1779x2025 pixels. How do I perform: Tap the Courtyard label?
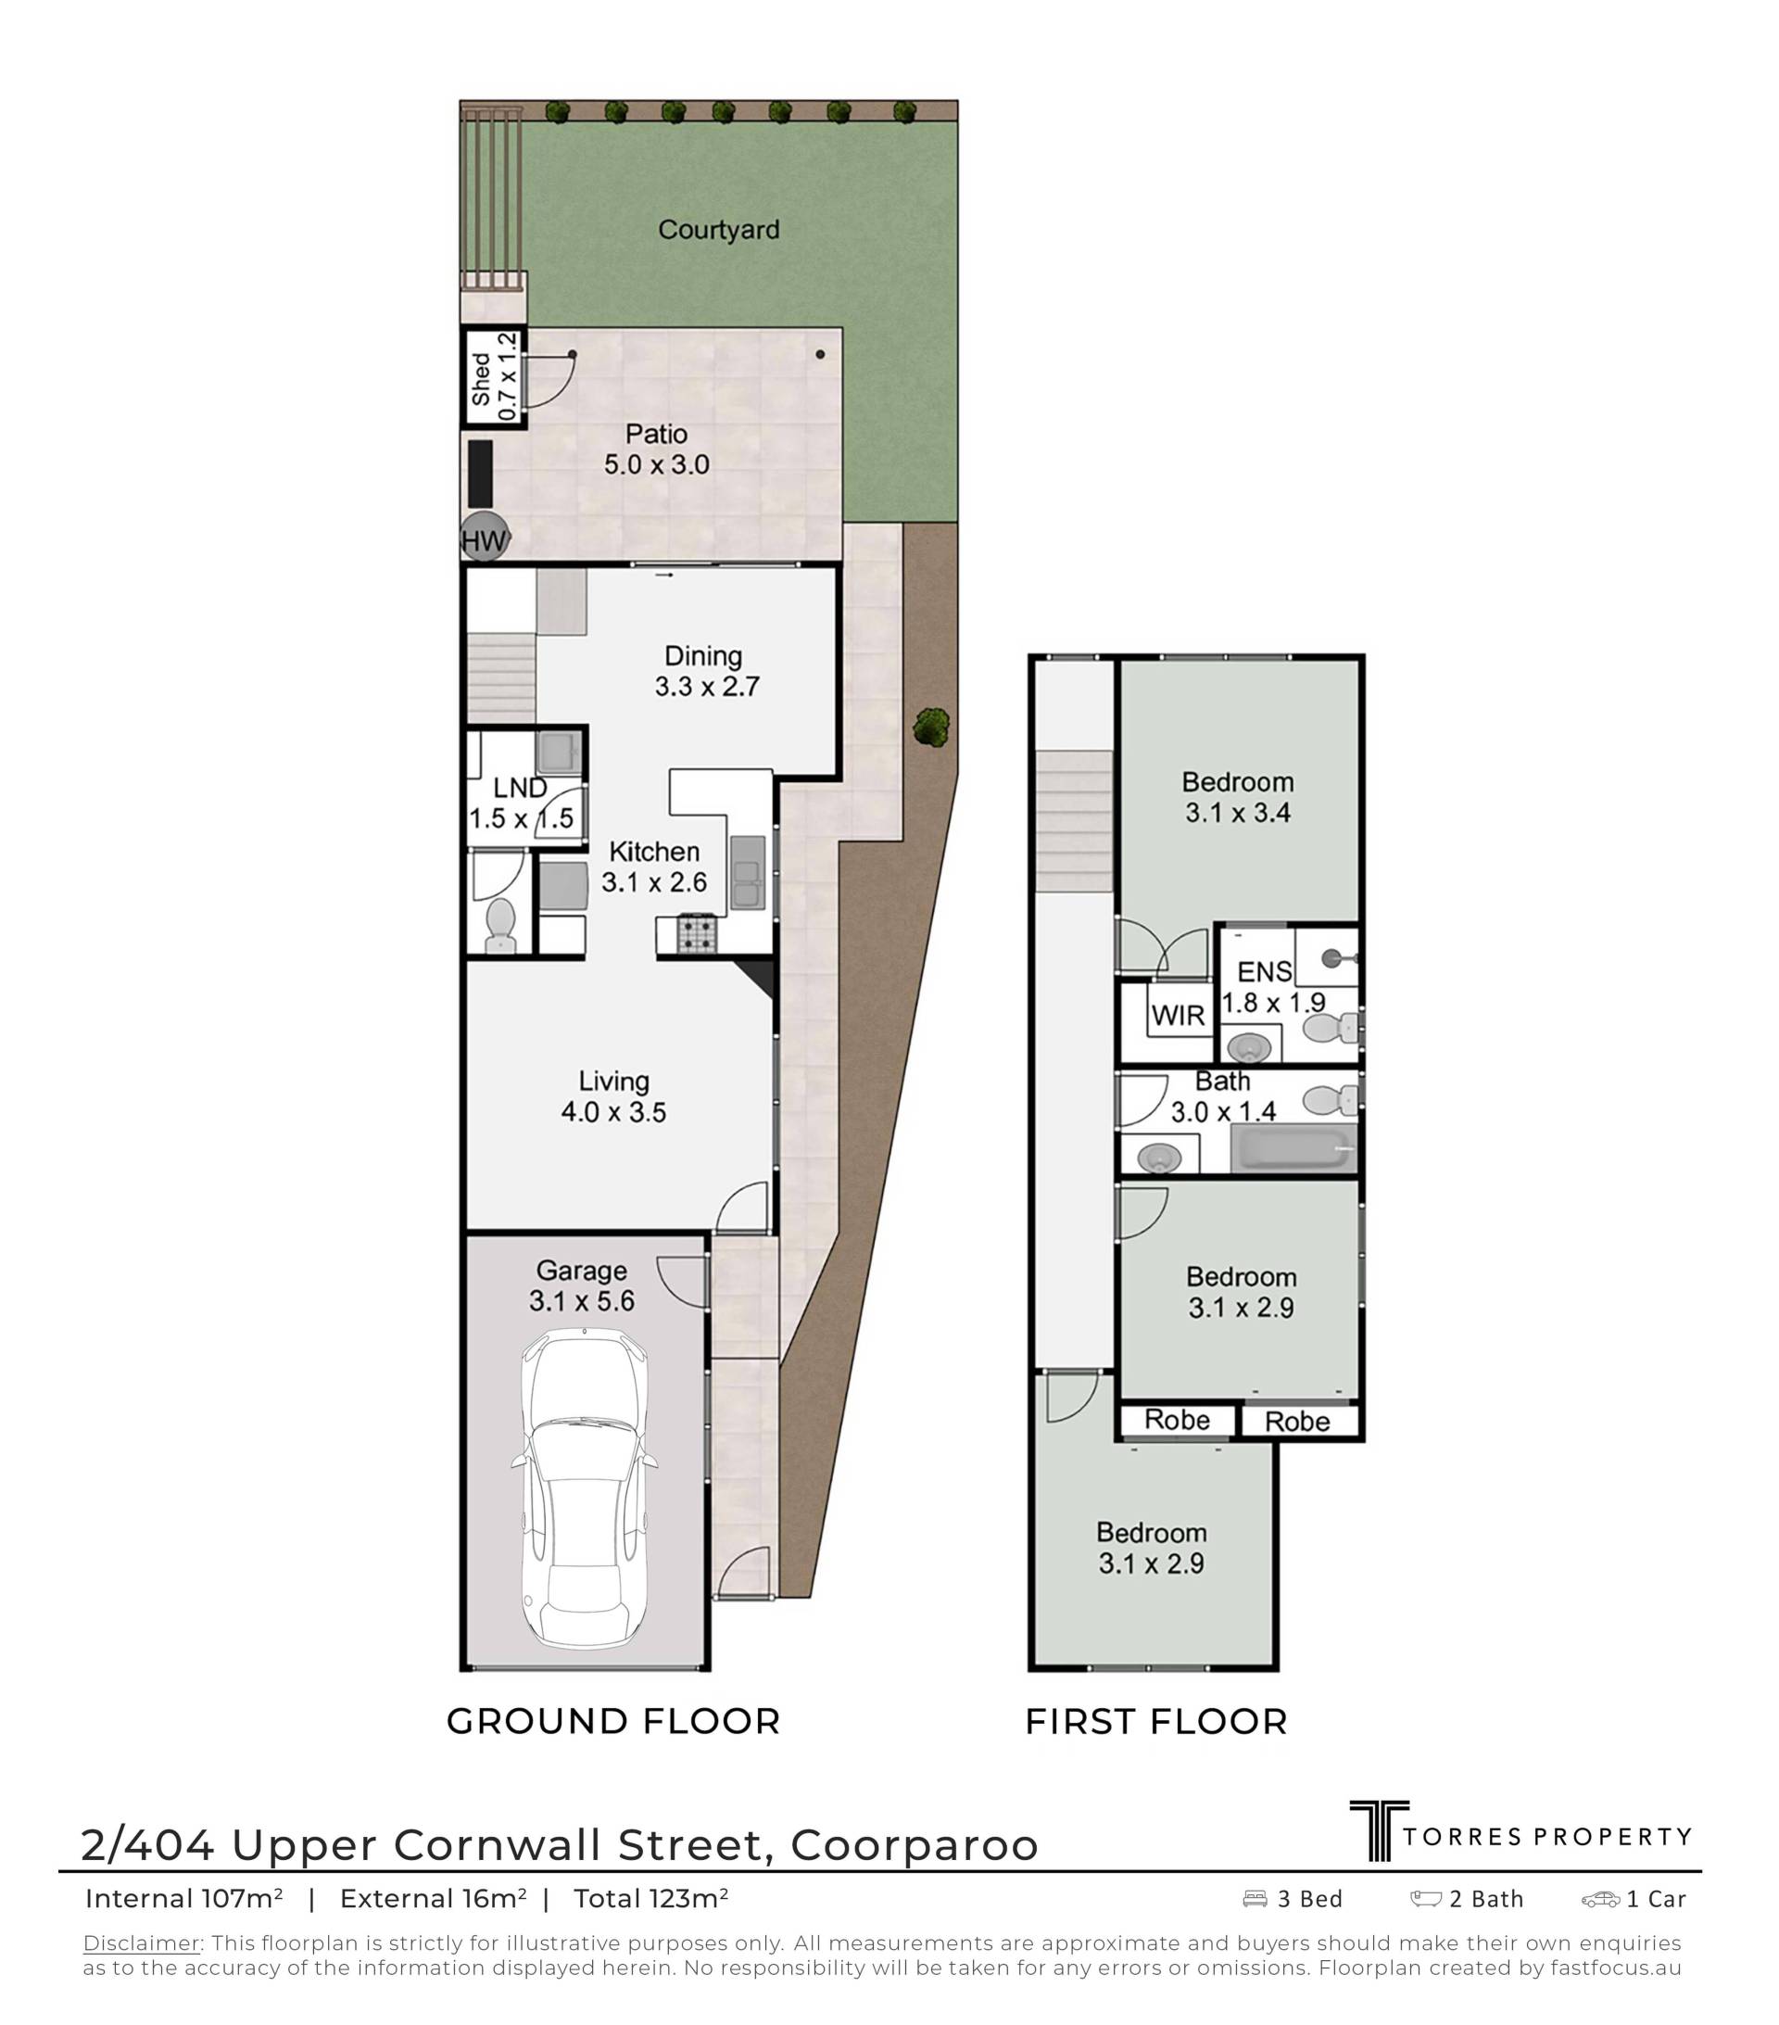(x=718, y=230)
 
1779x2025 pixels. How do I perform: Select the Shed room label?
(x=480, y=379)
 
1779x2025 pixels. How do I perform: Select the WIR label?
(x=1178, y=1016)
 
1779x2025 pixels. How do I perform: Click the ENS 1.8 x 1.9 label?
(x=1272, y=987)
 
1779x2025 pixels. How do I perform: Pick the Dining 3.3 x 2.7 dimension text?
(x=706, y=687)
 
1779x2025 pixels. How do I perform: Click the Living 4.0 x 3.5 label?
(x=613, y=1096)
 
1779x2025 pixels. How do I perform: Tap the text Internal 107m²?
(x=184, y=1898)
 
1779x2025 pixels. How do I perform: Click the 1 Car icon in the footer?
(x=1600, y=1899)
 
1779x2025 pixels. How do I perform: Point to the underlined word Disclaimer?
(x=141, y=1943)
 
